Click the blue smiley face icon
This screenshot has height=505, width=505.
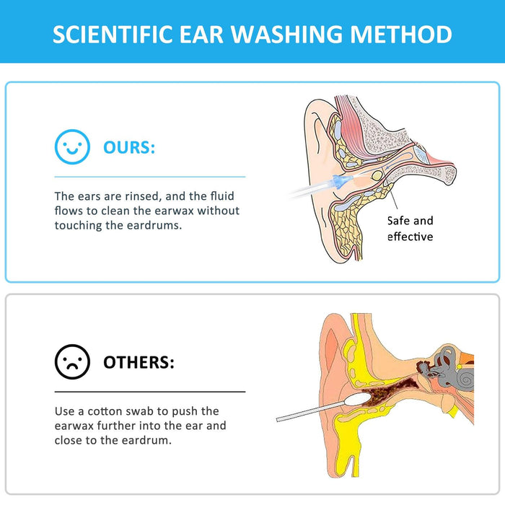pyautogui.click(x=72, y=148)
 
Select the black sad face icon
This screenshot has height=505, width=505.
pyautogui.click(x=72, y=361)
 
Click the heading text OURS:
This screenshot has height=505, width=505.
pyautogui.click(x=129, y=148)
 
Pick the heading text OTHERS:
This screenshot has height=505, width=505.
pyautogui.click(x=139, y=361)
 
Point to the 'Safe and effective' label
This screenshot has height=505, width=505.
pyautogui.click(x=410, y=229)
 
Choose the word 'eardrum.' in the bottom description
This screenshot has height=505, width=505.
pyautogui.click(x=147, y=440)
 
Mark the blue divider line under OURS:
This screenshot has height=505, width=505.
pyautogui.click(x=150, y=176)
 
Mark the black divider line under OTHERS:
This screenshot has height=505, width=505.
pyautogui.click(x=150, y=391)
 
